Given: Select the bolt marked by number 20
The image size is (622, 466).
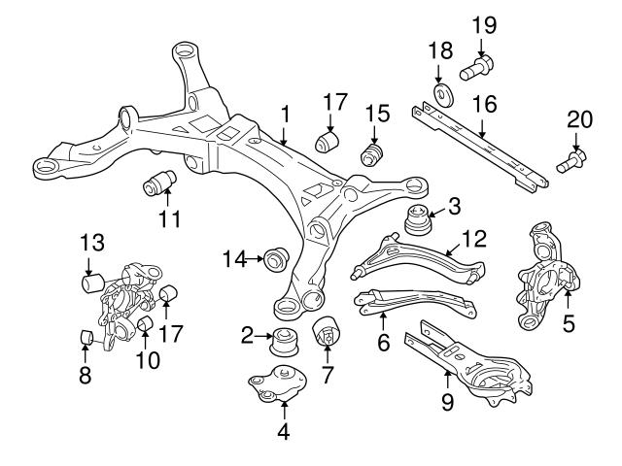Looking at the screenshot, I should [570, 157].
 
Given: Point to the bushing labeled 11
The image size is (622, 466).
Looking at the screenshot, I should [159, 181].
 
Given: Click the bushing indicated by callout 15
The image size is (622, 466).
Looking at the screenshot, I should [371, 155].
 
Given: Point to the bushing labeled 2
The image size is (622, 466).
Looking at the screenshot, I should [288, 342].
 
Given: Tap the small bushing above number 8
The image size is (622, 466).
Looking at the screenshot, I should [85, 337].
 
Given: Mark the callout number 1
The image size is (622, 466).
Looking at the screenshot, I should [285, 115].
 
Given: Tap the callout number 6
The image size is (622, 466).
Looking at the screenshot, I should [383, 342].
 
